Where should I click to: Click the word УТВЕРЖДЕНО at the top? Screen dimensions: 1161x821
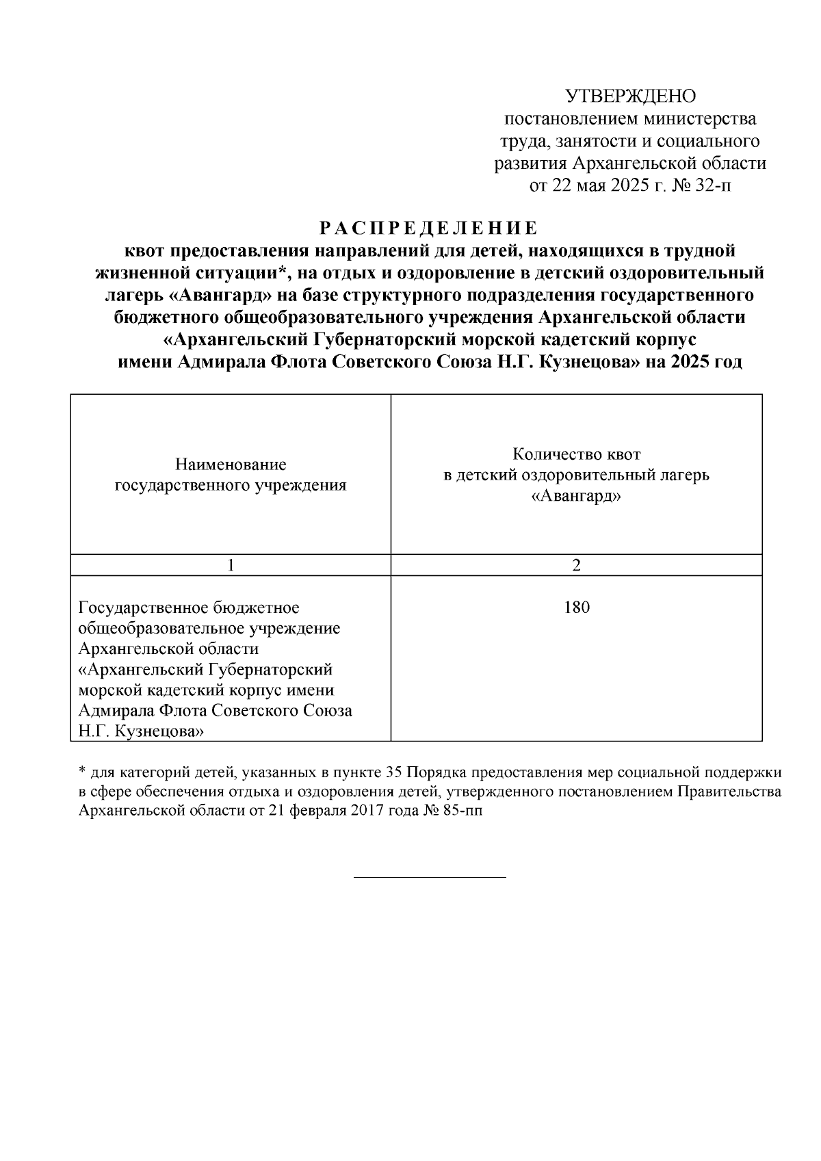630,96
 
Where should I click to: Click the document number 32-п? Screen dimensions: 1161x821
713,186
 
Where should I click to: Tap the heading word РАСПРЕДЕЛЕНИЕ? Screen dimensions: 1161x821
429,228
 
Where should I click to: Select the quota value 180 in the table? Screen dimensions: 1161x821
576,608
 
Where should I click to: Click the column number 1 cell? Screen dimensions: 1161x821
231,565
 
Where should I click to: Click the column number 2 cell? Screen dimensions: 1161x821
576,565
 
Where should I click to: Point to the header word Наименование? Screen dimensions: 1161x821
231,465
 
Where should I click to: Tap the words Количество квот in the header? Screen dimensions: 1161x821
576,454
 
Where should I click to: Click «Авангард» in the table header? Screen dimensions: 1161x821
576,497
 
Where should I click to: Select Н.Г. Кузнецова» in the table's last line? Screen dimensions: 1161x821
141,731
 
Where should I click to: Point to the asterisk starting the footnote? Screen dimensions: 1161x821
82,772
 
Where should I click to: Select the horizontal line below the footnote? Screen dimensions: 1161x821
429,877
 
